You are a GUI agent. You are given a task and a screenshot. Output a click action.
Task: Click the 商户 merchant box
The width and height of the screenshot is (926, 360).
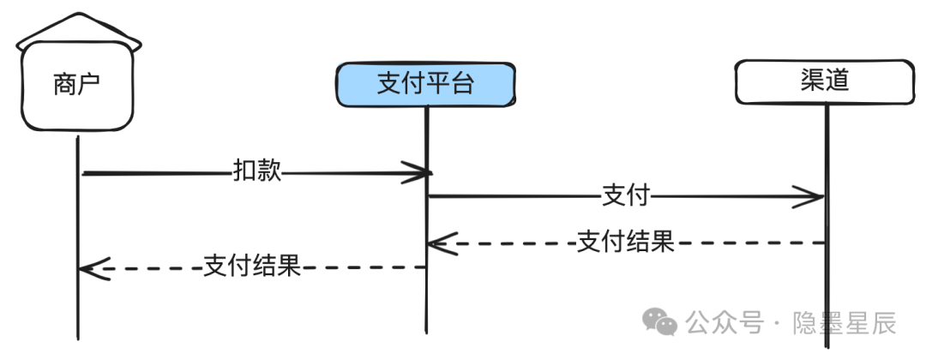pos(77,87)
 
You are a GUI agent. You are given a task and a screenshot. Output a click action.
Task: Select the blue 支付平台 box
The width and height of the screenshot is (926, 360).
pos(426,85)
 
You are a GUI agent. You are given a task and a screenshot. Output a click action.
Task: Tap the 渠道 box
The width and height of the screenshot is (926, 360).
pos(825,81)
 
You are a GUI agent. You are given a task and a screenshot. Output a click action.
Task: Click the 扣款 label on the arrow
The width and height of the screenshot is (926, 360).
pos(257,171)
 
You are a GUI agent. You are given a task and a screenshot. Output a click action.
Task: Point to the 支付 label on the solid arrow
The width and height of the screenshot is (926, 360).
pos(625,195)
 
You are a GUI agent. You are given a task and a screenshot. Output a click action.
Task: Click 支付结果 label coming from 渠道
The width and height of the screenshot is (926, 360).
pos(625,242)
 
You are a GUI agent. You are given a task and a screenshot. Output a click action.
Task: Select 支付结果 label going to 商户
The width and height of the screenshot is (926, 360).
pos(252,267)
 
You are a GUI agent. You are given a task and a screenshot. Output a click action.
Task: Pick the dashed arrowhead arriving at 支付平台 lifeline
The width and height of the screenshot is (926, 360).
pos(442,243)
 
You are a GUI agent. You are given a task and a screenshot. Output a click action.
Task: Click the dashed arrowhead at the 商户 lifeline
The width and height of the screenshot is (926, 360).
pos(94,269)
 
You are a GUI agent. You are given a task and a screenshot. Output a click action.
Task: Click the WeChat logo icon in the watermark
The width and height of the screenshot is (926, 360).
pos(659,321)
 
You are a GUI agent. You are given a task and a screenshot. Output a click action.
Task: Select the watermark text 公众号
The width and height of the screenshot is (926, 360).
pos(724,323)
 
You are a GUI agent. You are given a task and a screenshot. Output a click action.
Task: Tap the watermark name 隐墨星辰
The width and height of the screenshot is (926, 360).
pos(845,323)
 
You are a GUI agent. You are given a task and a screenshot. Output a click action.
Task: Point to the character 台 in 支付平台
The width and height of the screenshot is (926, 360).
pos(462,84)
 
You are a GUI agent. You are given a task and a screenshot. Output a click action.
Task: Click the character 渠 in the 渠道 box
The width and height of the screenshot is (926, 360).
pos(812,81)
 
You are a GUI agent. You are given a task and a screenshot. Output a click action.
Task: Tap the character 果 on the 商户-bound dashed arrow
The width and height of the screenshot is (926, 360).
pos(290,267)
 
